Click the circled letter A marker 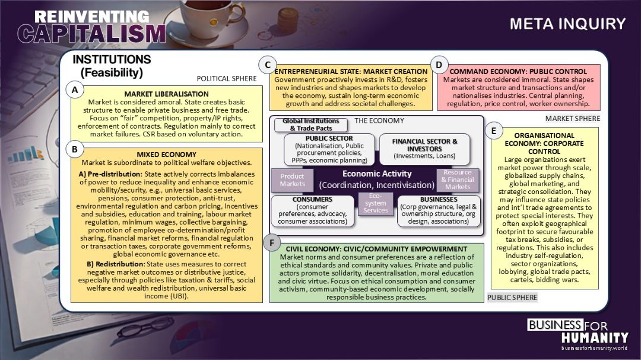pyautogui.click(x=74, y=91)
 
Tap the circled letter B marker pyautogui.click(x=74, y=149)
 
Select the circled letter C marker pyautogui.click(x=268, y=65)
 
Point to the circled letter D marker pyautogui.click(x=439, y=65)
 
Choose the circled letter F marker pyautogui.click(x=271, y=243)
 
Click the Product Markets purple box pyautogui.click(x=292, y=180)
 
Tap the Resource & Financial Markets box pyautogui.click(x=458, y=179)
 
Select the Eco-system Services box pyautogui.click(x=376, y=203)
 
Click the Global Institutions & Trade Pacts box pyautogui.click(x=311, y=125)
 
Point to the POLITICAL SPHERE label pyautogui.click(x=227, y=78)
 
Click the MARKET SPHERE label pyautogui.click(x=573, y=119)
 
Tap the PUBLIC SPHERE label pyautogui.click(x=512, y=297)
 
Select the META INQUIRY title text pyautogui.click(x=567, y=24)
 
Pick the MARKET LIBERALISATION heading pyautogui.click(x=166, y=94)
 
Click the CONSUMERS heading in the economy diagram pyautogui.click(x=312, y=199)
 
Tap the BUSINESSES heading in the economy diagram pyautogui.click(x=439, y=199)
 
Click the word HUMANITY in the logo pyautogui.click(x=595, y=337)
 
